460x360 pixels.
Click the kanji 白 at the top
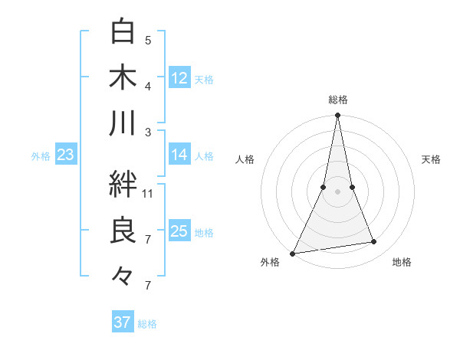(123, 32)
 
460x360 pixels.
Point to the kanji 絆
(123, 184)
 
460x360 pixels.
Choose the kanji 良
(123, 231)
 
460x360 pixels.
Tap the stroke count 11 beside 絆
(148, 193)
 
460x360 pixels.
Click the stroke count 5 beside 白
(148, 40)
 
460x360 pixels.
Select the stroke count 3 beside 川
(148, 132)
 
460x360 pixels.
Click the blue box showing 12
(179, 78)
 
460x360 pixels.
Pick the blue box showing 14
(179, 155)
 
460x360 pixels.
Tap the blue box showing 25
(179, 231)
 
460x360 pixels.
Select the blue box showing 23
(65, 155)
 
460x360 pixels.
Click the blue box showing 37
(122, 322)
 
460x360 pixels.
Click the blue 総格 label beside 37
(147, 324)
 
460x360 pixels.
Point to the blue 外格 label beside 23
(41, 156)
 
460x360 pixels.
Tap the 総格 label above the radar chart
(338, 100)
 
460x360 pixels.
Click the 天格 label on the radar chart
(431, 159)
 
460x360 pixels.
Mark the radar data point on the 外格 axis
(293, 254)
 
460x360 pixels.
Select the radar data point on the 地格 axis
(374, 242)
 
